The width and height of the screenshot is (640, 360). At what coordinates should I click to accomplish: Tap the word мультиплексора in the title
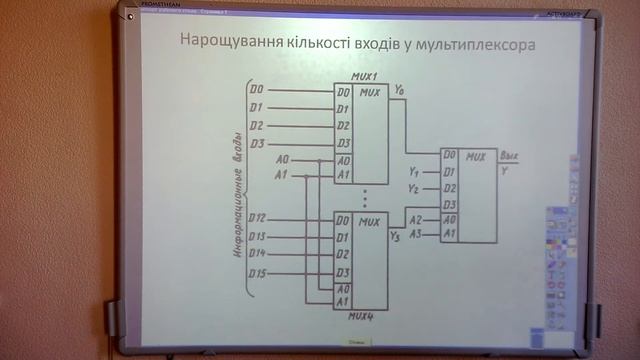476,44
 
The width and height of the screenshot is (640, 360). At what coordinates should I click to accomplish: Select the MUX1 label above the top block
363,77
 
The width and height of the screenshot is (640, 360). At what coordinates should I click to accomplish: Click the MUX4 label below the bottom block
363,315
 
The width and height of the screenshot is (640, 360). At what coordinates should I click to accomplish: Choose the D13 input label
258,236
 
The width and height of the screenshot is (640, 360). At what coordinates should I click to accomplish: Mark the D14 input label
258,254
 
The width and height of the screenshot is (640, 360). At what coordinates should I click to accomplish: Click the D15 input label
258,272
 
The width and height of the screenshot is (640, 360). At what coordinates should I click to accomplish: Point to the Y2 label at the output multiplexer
413,188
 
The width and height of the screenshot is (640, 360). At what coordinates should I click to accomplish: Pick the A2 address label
416,218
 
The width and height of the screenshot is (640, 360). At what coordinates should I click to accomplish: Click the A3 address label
416,233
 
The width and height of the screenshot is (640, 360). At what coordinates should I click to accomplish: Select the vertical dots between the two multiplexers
366,195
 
